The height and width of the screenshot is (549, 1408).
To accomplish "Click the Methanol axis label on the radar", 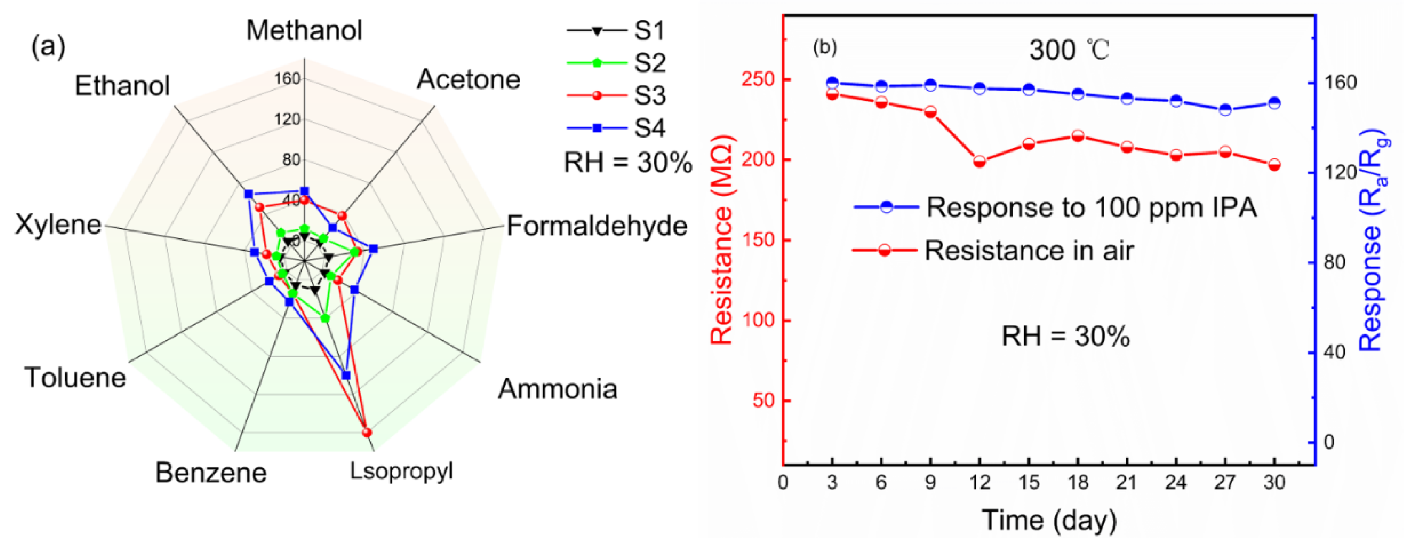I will coord(304,30).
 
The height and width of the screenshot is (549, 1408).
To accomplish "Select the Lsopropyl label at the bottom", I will coord(402,471).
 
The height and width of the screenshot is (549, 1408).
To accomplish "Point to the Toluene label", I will coord(75,377).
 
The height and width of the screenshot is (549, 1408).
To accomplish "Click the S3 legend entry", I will coord(649,96).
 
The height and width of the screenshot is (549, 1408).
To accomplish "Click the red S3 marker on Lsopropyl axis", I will coord(367,432).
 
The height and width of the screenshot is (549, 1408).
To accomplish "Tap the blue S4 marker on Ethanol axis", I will coord(248,194).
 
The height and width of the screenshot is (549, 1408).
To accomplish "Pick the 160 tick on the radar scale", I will coord(287,79).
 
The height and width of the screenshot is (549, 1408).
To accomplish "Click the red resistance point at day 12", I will coord(979,162).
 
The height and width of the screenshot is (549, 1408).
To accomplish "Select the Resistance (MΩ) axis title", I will coord(722,241).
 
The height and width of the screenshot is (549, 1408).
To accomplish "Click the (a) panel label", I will coord(48,47).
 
